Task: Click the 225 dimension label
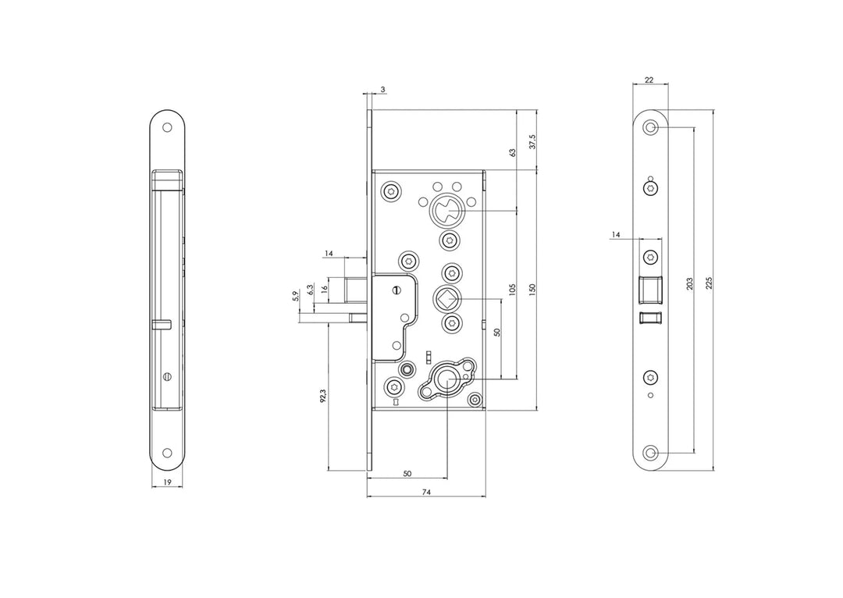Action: click(709, 283)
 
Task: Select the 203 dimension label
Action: click(690, 283)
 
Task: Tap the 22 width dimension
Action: click(649, 80)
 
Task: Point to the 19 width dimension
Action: click(167, 482)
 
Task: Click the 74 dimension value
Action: click(426, 492)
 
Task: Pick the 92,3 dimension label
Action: click(322, 397)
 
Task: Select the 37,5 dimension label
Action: click(532, 142)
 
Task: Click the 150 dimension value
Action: click(532, 290)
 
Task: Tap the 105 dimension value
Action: click(512, 290)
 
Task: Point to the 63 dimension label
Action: click(512, 153)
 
